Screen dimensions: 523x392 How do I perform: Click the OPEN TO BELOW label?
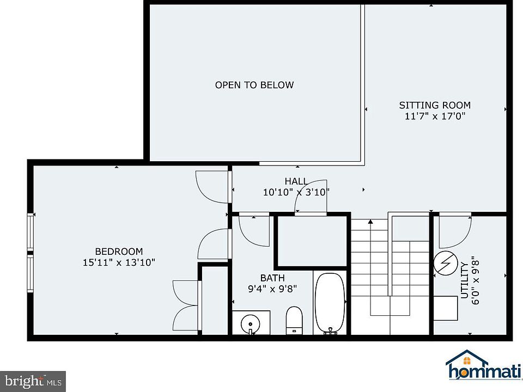click(254, 85)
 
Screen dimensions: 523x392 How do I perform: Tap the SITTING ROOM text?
click(435, 105)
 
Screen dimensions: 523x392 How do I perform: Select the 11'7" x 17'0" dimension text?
click(435, 117)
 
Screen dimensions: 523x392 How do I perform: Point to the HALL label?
click(296, 181)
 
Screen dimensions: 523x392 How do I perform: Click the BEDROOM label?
click(119, 252)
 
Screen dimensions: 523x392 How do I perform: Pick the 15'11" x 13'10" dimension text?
click(119, 262)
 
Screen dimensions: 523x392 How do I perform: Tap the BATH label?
click(272, 278)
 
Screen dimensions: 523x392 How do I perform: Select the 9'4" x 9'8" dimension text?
click(272, 289)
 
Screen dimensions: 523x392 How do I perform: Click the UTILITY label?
click(465, 280)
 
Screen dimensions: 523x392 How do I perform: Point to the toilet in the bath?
click(294, 320)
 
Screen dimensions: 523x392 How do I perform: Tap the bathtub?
click(330, 303)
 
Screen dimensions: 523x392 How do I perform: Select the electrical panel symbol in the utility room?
click(446, 263)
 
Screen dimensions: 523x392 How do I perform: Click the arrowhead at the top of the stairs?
click(370, 222)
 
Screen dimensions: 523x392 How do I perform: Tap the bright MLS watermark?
click(33, 381)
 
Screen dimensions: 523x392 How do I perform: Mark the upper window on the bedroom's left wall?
click(31, 232)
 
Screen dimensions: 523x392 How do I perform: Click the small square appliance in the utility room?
click(445, 308)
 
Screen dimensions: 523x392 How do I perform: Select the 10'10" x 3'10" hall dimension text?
click(296, 192)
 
